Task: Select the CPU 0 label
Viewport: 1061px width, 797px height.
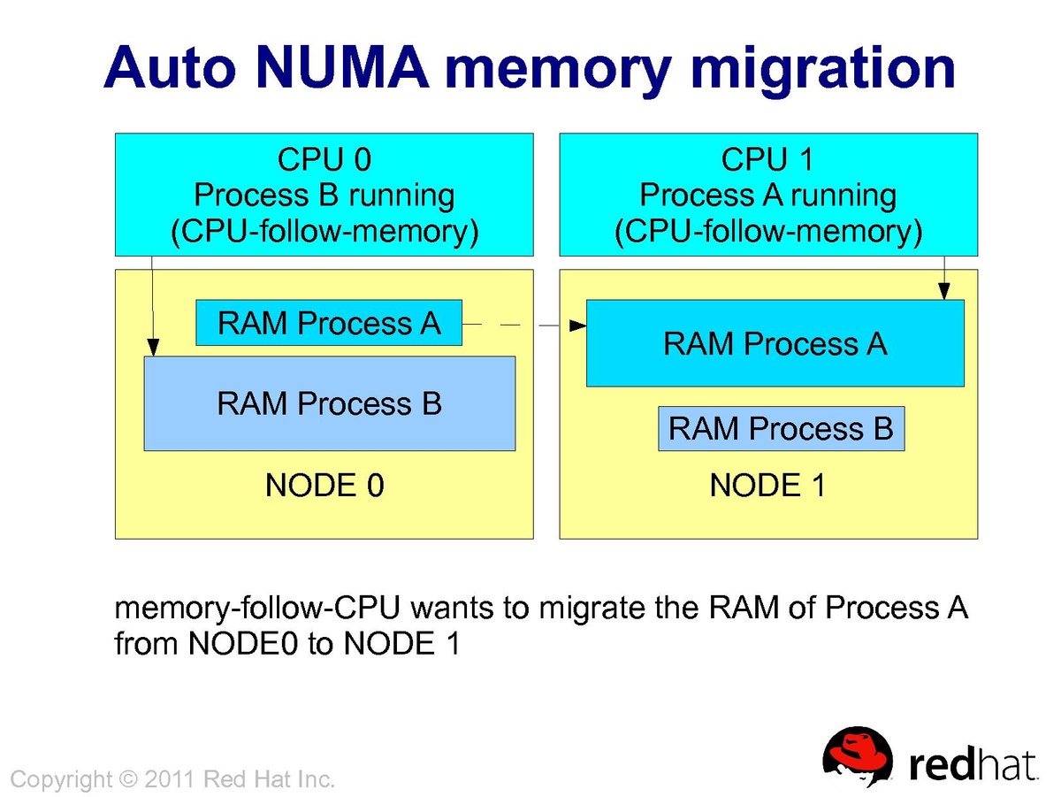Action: [324, 159]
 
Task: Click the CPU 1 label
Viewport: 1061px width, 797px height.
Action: [767, 159]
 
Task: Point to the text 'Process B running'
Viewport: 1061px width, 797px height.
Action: [324, 195]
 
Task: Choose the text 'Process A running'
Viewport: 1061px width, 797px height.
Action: [767, 195]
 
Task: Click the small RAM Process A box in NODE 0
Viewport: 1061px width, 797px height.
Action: [329, 323]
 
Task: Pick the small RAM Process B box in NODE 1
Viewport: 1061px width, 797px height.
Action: [781, 429]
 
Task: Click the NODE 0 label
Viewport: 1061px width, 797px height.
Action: [324, 486]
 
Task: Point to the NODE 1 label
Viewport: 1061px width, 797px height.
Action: [767, 486]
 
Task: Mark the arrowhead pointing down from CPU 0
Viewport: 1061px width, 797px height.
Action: [153, 348]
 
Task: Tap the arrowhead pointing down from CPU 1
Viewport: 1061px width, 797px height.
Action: [944, 291]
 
